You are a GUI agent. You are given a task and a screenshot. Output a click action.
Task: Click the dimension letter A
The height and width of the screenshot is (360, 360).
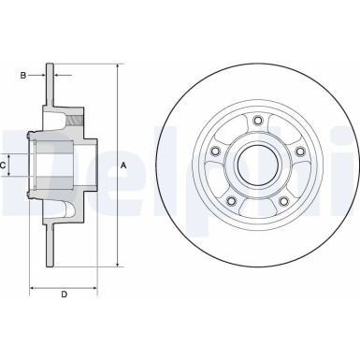tap(123, 166)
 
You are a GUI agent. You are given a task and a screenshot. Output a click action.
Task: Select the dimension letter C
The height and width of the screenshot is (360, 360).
tap(5, 166)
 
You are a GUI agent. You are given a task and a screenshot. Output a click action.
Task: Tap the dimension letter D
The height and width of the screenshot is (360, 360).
tap(64, 295)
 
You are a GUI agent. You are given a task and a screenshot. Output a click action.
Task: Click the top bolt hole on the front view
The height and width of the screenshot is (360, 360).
tap(256, 120)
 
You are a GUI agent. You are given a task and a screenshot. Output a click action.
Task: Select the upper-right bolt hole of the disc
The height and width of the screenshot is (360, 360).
tap(300, 151)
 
